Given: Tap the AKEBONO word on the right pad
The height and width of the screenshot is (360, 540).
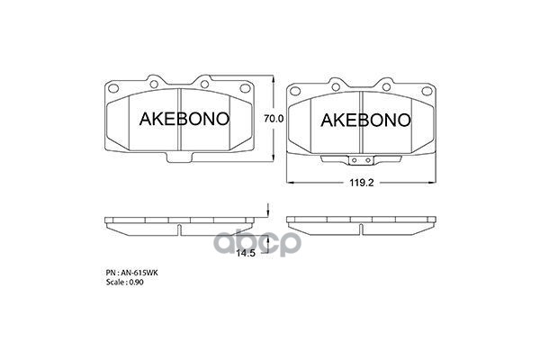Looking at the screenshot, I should point(364,120).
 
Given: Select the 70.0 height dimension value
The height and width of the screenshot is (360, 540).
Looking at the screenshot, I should point(274,119).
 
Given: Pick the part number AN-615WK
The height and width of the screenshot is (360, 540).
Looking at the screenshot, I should point(136,270).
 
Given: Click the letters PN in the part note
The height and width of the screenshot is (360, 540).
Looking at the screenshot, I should point(110,270).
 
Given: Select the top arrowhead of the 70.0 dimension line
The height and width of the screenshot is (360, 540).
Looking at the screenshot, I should point(273,78).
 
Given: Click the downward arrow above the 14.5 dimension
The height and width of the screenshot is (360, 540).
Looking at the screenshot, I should point(267,212).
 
